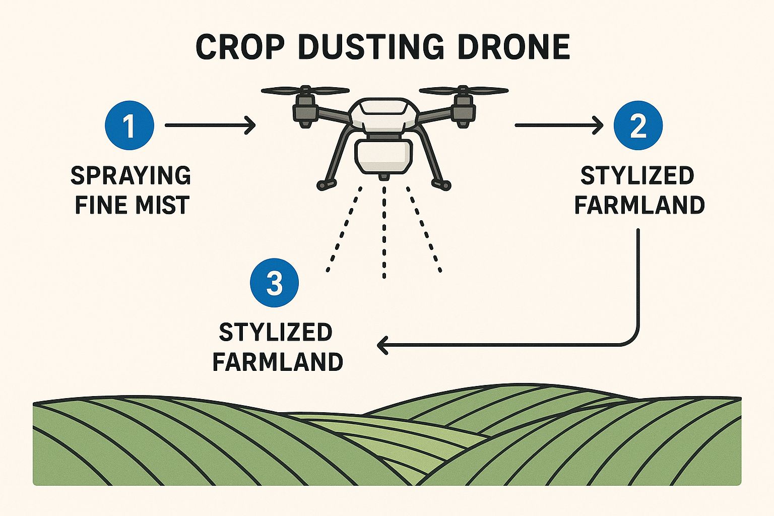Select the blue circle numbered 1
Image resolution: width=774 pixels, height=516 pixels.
click(130, 125)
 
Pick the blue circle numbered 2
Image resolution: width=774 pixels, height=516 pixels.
click(638, 125)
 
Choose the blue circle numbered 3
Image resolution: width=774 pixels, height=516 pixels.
click(275, 283)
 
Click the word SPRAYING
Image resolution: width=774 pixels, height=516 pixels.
click(131, 175)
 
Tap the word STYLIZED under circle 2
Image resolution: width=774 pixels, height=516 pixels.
click(637, 175)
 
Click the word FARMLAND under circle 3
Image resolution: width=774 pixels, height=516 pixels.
click(278, 362)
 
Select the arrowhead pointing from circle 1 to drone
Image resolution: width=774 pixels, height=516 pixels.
click(250, 125)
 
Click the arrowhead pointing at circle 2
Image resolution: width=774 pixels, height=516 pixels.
click(598, 125)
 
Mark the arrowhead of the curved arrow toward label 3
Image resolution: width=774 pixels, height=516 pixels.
click(382, 345)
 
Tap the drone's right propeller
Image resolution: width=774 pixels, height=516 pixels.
click(463, 91)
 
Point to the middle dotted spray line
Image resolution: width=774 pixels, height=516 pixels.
click(384, 232)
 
